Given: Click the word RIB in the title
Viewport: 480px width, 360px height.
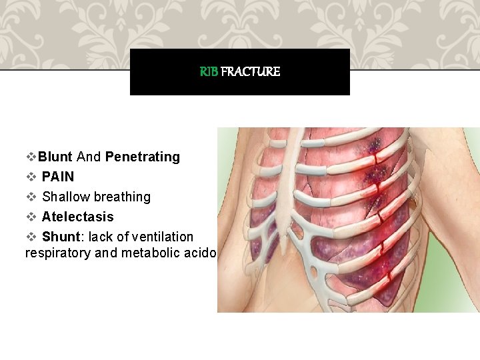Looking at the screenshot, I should pyautogui.click(x=209, y=71).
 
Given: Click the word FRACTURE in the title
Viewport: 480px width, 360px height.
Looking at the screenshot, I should pyautogui.click(x=250, y=71).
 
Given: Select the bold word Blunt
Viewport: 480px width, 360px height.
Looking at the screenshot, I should pyautogui.click(x=55, y=157).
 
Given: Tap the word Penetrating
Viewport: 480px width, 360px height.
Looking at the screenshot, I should pyautogui.click(x=143, y=157).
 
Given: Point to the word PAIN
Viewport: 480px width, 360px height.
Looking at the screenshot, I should pyautogui.click(x=58, y=177).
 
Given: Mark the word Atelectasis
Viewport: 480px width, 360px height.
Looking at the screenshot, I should pyautogui.click(x=78, y=217).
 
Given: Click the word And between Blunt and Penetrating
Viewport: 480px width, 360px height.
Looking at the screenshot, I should pyautogui.click(x=89, y=157).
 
